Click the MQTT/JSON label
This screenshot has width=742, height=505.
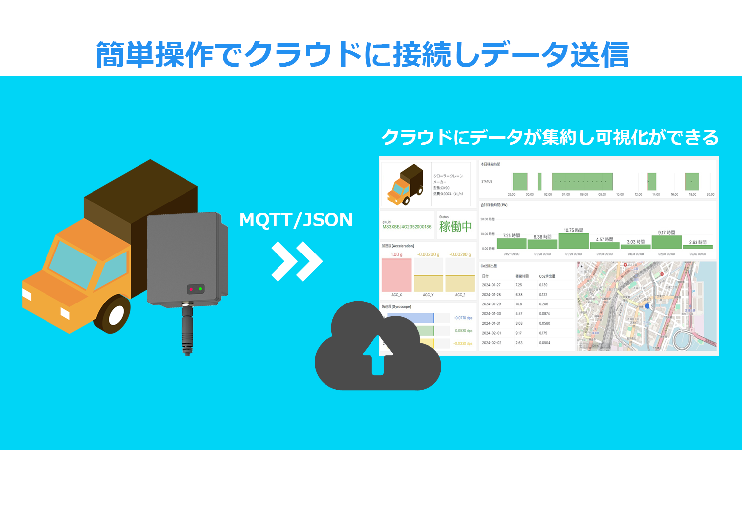[296, 220]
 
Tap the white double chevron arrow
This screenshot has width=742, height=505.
[297, 261]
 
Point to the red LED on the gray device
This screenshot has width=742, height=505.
[191, 289]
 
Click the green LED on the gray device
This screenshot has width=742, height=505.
[200, 288]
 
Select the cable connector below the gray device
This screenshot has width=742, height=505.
[187, 329]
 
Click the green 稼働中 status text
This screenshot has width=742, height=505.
[455, 227]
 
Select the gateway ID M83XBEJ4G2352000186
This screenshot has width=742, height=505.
[407, 227]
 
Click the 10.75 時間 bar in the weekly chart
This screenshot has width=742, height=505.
[573, 240]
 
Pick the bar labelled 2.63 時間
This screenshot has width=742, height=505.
[698, 246]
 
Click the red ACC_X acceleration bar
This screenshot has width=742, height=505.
[396, 275]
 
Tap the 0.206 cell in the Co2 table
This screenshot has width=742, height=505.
[543, 304]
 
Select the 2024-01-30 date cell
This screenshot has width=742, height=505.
[491, 314]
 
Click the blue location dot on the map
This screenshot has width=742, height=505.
[647, 306]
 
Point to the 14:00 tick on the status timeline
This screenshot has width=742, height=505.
[656, 195]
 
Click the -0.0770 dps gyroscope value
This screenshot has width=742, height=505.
[463, 318]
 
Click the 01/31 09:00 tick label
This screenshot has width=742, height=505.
[636, 254]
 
